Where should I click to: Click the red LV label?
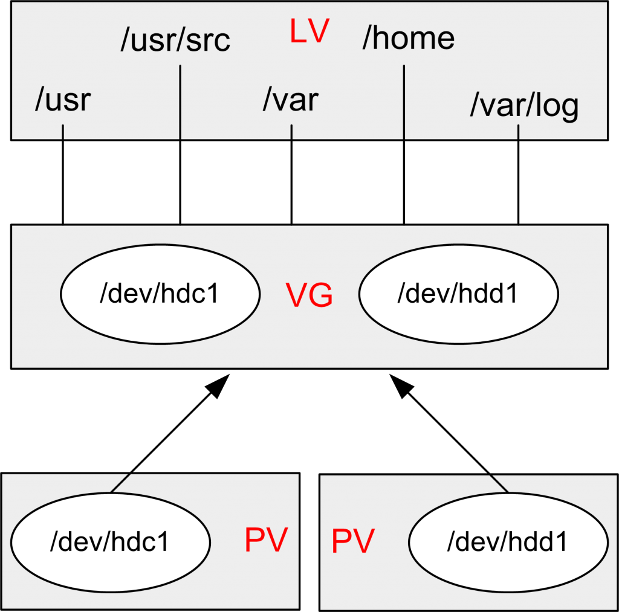pos(308,33)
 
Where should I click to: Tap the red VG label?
pos(309,296)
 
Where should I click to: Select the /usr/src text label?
pos(175,41)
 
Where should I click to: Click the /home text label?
pos(408,38)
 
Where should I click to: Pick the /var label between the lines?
pos(290,99)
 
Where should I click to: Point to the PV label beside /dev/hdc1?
pos(265,540)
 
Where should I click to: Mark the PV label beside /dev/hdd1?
pos(353,541)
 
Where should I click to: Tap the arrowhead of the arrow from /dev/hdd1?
pos(398,384)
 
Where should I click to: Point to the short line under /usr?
pos(63,132)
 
